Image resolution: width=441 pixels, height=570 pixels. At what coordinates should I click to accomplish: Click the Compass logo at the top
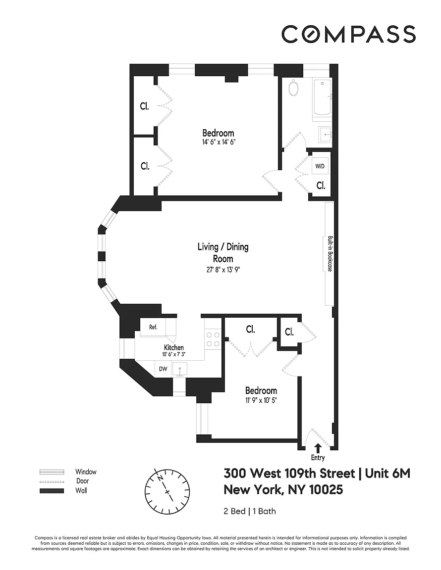[x=348, y=34]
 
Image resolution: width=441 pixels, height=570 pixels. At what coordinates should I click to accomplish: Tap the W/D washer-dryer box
[x=320, y=166]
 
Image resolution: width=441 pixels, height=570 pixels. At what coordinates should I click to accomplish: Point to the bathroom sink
[x=325, y=135]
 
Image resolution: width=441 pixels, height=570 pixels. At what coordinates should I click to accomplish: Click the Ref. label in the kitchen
[x=153, y=327]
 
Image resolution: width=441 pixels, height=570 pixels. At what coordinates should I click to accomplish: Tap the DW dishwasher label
[x=163, y=369]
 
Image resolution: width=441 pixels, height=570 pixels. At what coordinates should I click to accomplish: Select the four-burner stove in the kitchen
[x=213, y=339]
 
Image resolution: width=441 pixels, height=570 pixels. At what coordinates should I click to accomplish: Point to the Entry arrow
[x=318, y=448]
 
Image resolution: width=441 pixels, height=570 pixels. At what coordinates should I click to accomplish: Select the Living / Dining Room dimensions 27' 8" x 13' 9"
[x=222, y=270]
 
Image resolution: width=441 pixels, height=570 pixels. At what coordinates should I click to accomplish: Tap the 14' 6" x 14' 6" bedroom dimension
[x=219, y=142]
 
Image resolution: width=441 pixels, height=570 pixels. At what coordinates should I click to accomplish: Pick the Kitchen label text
[x=174, y=348]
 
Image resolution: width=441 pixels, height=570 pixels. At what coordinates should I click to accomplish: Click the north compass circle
[x=167, y=492]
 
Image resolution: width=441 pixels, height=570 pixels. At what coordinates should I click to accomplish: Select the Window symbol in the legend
[x=52, y=472]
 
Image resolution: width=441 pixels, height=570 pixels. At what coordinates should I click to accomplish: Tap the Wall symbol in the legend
[x=52, y=491]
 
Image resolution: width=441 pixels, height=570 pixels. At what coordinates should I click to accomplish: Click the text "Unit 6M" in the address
[x=387, y=474]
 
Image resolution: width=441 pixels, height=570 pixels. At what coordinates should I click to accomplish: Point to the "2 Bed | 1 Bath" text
[x=249, y=511]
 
